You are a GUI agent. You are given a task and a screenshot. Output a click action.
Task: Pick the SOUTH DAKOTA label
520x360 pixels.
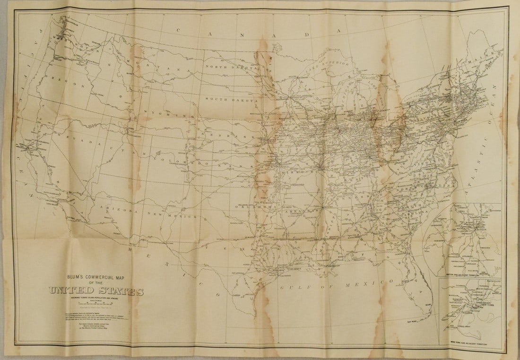[x=231, y=100]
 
